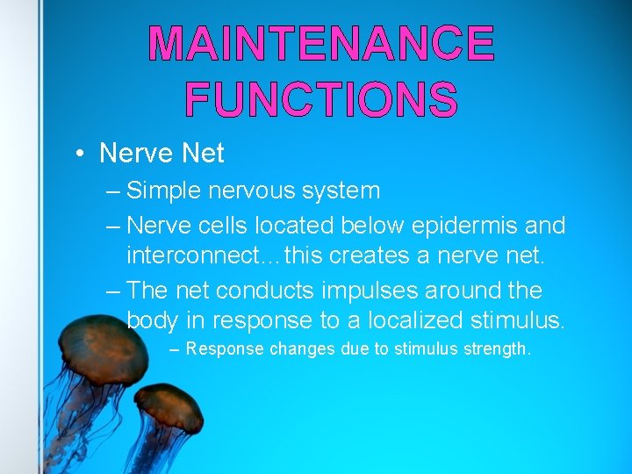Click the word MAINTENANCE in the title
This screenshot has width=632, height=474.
pyautogui.click(x=321, y=44)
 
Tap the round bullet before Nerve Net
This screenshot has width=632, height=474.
pyautogui.click(x=79, y=154)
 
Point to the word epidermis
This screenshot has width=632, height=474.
pyautogui.click(x=450, y=226)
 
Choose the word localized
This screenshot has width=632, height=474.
pyautogui.click(x=409, y=320)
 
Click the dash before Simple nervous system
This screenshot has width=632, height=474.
pyautogui.click(x=112, y=190)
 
